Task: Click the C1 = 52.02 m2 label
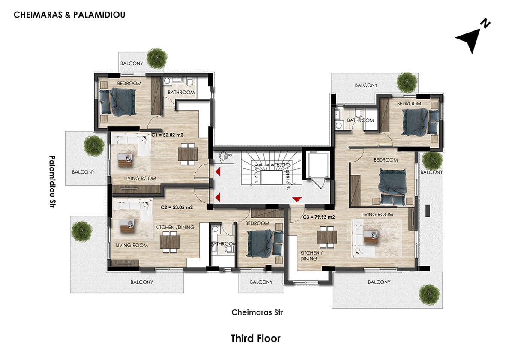[168, 135]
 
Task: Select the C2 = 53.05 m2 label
[177, 207]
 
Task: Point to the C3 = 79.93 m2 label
[319, 217]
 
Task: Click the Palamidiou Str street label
[52, 181]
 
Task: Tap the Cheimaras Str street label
[257, 312]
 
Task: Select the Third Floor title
[255, 338]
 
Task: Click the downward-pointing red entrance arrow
[296, 199]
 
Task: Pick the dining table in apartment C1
[188, 155]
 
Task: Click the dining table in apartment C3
[326, 237]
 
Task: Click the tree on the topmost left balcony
[157, 58]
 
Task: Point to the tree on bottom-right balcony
[429, 294]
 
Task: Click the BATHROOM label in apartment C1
[181, 93]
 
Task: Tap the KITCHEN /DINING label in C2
[175, 227]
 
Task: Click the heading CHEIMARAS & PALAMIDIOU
[69, 15]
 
